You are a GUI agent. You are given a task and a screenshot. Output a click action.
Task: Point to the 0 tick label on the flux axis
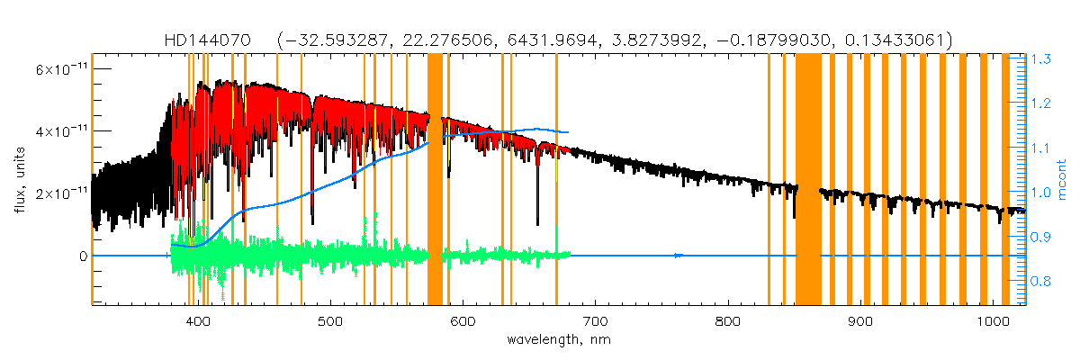click(83, 256)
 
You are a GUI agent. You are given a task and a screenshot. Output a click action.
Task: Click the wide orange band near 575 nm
click(435, 180)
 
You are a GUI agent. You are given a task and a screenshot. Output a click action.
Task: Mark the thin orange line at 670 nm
click(556, 180)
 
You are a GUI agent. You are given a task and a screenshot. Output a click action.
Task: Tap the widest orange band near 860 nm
click(808, 180)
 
